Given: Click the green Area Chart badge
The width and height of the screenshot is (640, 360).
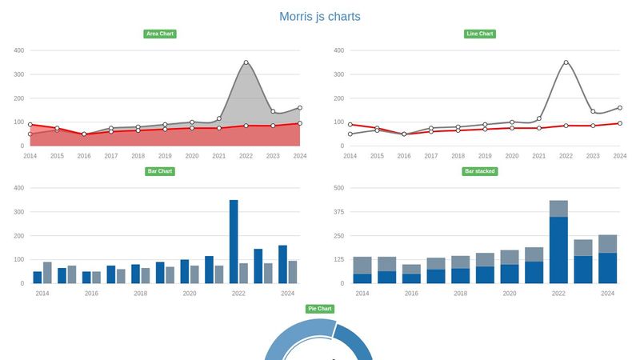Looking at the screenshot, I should pos(160,34).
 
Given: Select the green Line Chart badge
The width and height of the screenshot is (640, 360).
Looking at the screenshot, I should pos(480,34).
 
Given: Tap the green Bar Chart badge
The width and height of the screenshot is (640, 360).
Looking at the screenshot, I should pos(160,171).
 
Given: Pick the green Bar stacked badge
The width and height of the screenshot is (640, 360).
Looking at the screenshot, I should pos(480,171).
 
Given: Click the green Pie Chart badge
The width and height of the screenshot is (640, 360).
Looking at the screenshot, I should pos(320,309).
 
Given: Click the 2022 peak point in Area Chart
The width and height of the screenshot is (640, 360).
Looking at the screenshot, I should pos(246,62).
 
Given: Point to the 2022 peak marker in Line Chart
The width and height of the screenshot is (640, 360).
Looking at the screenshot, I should pos(566,62).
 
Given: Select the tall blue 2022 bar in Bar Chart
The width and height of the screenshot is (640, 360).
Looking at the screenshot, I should pos(234,241).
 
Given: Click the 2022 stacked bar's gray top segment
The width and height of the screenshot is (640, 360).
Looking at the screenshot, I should pos(558,208).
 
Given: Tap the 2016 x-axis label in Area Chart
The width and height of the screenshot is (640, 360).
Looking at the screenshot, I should pos(84,156).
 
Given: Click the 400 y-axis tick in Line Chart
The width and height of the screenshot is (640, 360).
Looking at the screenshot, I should pos(338,50).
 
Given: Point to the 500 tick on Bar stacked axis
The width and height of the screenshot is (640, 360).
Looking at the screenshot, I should pos(338,188).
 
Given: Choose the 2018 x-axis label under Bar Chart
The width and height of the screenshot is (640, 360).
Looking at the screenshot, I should pos(140,294).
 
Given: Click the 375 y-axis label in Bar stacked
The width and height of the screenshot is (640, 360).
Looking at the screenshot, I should pos(338,212).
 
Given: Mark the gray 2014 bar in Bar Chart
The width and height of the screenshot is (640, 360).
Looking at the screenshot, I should pos(47,272).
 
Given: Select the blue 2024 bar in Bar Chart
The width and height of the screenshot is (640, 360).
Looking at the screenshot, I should pos(282,264).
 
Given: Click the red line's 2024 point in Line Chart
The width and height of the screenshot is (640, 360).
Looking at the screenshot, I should pos(619,123).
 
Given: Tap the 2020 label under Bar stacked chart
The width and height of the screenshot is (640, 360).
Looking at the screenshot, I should pos(510,294).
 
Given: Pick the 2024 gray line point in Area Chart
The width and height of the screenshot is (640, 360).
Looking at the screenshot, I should pos(299,107).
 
